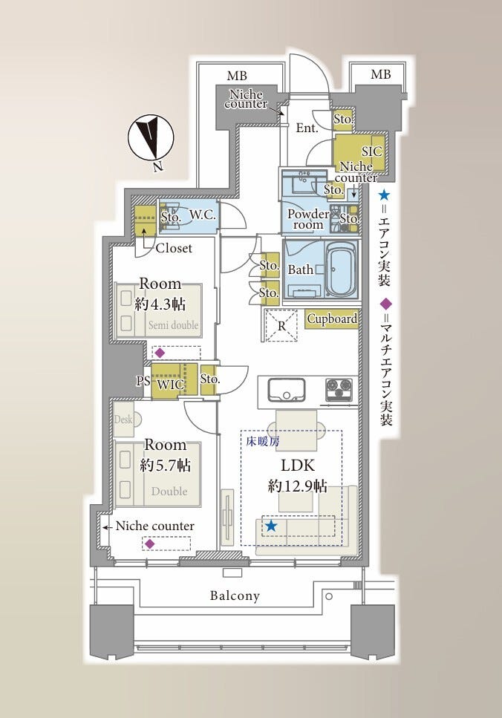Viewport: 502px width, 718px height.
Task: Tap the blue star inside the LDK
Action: [272, 526]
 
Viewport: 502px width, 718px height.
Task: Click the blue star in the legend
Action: [384, 196]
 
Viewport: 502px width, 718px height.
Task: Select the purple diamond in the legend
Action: [387, 304]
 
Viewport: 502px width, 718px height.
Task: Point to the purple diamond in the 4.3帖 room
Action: [160, 353]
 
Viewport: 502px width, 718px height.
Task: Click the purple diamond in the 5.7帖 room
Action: [149, 544]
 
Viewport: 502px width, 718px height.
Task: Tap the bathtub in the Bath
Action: [340, 270]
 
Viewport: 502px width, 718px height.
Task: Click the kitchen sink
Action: [287, 390]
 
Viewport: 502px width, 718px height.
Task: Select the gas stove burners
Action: [339, 390]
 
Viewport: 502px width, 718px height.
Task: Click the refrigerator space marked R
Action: [281, 325]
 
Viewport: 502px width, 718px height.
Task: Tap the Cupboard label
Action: [332, 319]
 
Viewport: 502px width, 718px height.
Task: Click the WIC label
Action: [170, 385]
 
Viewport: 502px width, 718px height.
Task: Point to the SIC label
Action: [371, 151]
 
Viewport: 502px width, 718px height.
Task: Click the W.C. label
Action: [203, 215]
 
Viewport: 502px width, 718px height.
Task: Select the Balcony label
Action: [235, 595]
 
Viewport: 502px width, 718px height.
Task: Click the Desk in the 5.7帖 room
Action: [125, 419]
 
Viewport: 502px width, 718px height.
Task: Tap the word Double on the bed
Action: [169, 491]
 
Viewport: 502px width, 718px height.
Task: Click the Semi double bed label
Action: [174, 325]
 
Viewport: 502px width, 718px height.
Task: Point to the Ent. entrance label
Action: [307, 128]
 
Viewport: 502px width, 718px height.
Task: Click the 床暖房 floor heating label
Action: [263, 442]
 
